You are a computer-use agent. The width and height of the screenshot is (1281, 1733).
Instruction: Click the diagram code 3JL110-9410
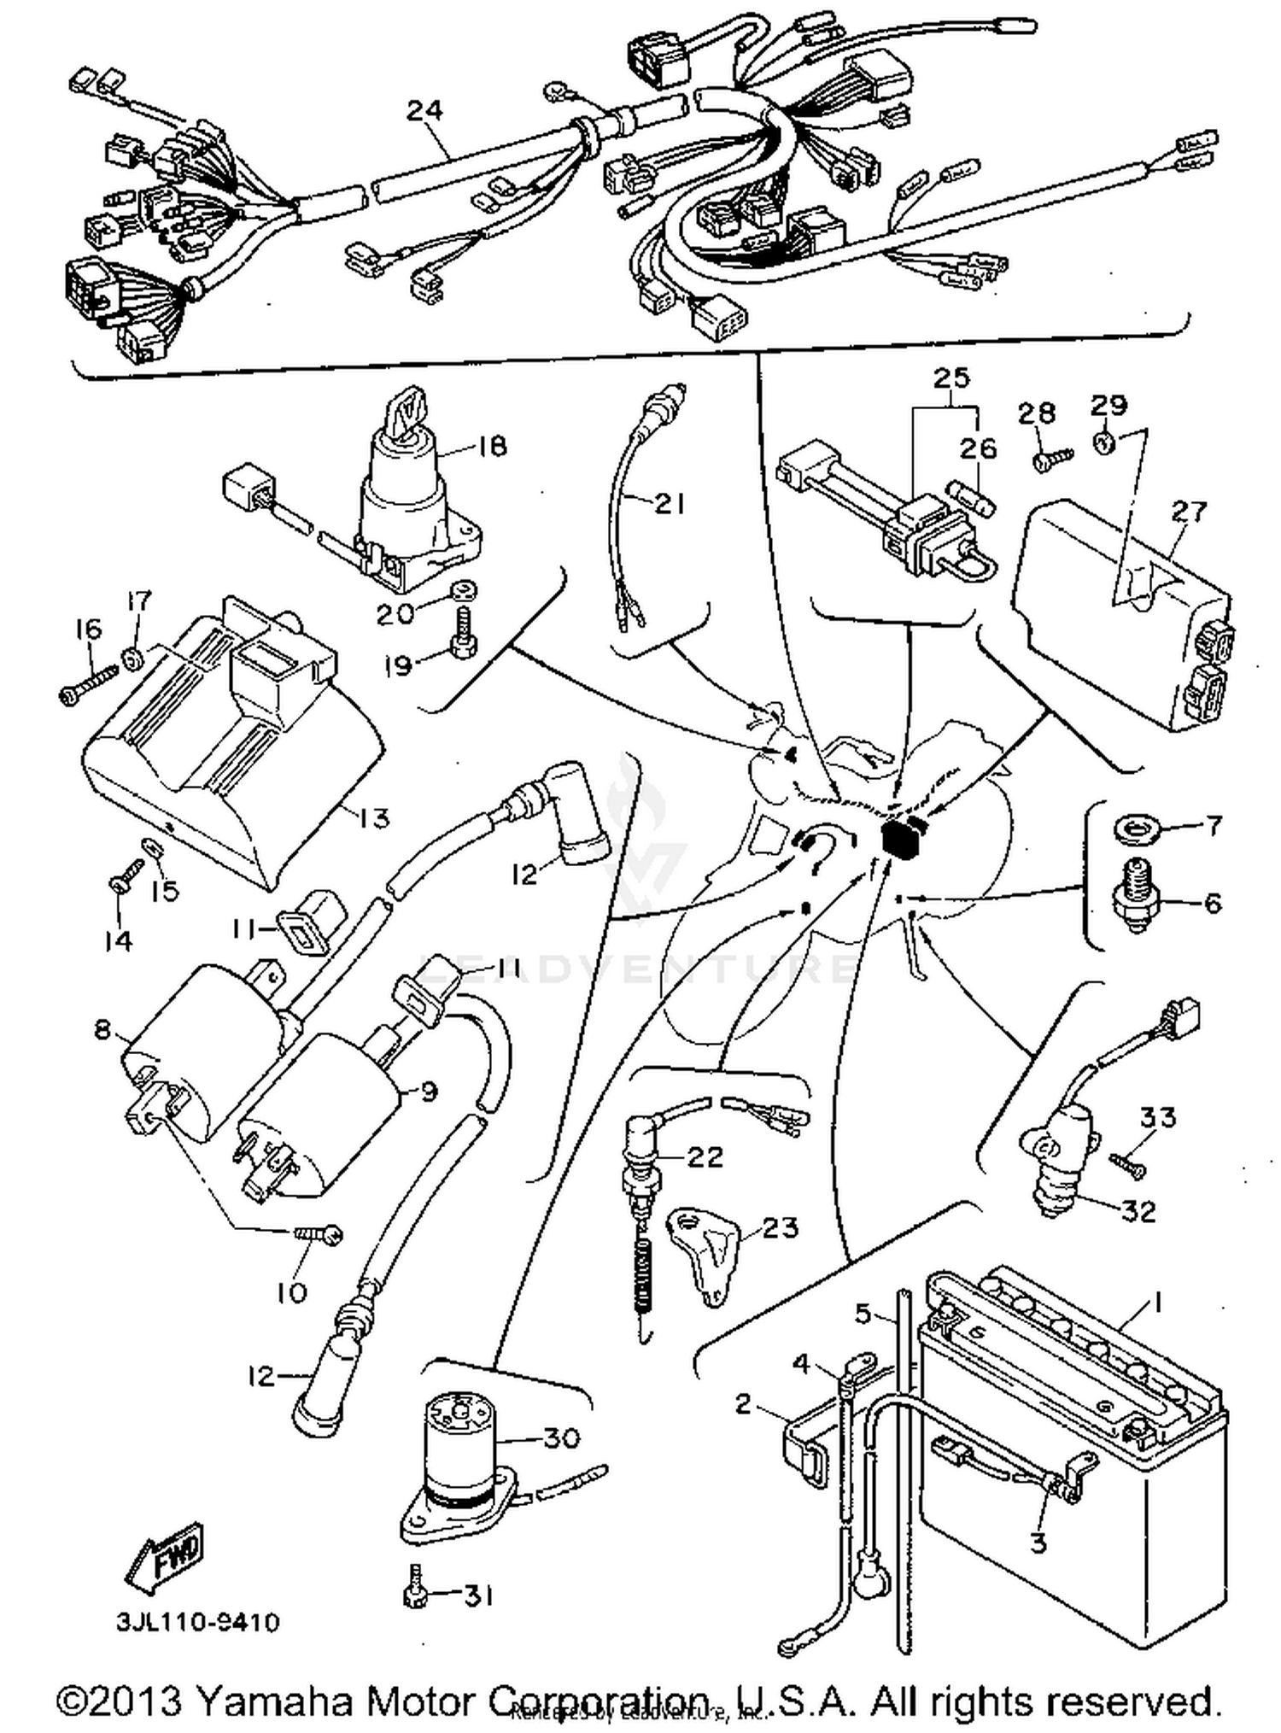coord(197,1621)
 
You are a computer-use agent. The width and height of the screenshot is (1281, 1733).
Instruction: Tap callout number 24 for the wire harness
coord(425,110)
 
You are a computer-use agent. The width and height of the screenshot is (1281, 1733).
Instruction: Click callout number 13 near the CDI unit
coord(371,818)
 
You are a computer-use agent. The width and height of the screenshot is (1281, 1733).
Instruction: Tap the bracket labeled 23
coord(705,1254)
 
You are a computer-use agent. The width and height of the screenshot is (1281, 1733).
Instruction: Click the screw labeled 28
coord(1050,460)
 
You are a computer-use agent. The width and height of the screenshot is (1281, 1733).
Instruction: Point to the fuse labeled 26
coord(969,497)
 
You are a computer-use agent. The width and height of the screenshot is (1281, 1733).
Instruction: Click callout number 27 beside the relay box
coord(1190,511)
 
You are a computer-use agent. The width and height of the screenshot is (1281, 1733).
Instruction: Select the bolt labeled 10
coord(319,1235)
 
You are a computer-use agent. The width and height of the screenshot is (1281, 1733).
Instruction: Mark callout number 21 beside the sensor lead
coord(669,505)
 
